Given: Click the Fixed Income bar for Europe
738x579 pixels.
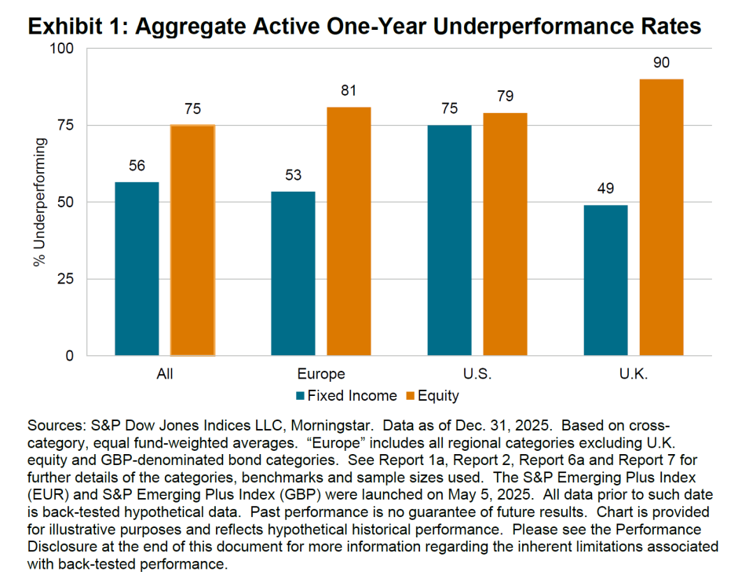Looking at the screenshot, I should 294,273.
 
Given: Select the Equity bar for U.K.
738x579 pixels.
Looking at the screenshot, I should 661,218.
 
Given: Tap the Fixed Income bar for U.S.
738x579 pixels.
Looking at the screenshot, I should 450,240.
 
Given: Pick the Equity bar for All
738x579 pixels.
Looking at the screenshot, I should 192,240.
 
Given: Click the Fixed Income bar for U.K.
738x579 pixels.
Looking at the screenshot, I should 605,280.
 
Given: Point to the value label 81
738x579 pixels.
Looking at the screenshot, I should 349,91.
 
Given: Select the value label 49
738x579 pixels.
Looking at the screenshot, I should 605,189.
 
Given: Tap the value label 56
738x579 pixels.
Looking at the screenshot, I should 137,167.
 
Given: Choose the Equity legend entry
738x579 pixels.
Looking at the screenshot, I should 431,396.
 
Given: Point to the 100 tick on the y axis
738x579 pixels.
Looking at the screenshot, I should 61,49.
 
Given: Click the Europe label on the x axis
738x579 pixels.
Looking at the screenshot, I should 321,374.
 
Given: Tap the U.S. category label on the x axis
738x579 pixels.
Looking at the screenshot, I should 477,374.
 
